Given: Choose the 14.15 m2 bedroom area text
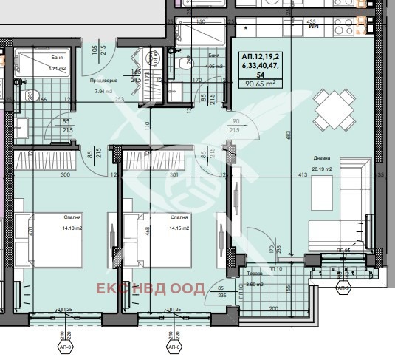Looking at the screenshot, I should [179, 228].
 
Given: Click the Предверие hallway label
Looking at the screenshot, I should [103, 81].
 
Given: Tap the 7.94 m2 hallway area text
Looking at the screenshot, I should [103, 92].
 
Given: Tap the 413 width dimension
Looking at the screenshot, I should [302, 174].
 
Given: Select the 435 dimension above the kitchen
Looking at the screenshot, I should [311, 22].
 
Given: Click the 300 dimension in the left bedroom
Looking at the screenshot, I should [65, 175].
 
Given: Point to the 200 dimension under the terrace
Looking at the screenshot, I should [272, 308].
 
